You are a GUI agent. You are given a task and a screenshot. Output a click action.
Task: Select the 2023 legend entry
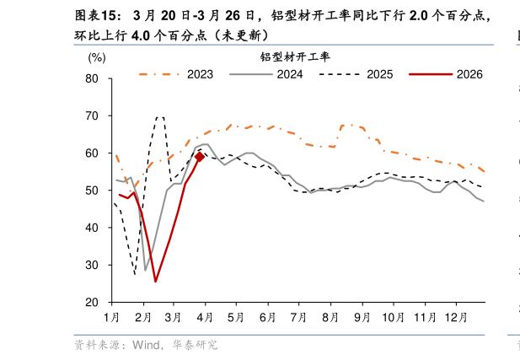click(x=200, y=74)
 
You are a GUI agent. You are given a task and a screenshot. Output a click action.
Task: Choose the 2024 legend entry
click(x=289, y=74)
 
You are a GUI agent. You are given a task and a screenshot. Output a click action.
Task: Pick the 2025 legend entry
click(x=379, y=74)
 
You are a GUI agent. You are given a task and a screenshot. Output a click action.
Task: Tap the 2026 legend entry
click(x=469, y=74)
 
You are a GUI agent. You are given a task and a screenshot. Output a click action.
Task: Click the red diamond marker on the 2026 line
click(x=200, y=157)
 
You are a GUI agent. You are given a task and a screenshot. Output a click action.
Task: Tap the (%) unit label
click(x=97, y=58)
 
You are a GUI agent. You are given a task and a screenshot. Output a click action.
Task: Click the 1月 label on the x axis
click(x=111, y=317)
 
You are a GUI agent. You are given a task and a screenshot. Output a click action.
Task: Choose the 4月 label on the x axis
click(x=205, y=317)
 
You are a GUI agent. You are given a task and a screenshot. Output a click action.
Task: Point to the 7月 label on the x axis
click(x=298, y=317)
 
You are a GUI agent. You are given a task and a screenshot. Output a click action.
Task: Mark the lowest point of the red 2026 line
click(x=155, y=282)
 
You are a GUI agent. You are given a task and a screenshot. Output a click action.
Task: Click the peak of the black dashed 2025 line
click(x=159, y=117)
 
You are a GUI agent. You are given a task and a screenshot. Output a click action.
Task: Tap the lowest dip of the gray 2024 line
click(x=146, y=271)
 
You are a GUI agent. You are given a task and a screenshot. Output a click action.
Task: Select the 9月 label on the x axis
click(x=362, y=317)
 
